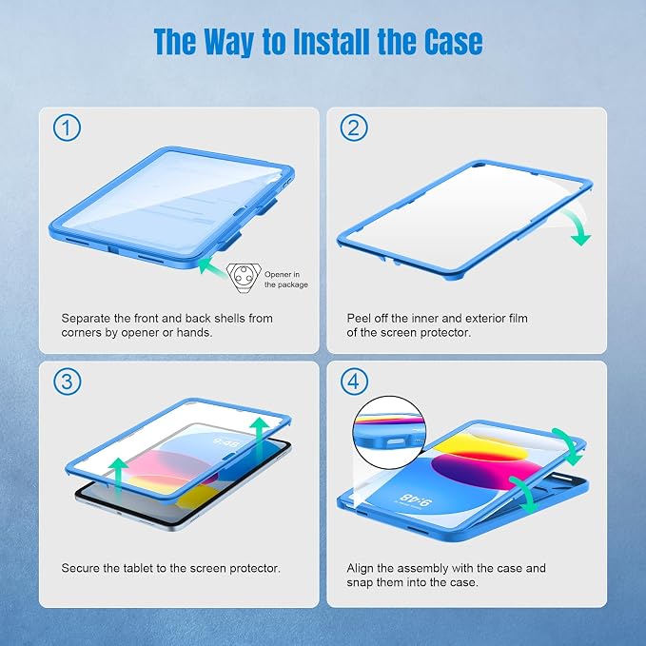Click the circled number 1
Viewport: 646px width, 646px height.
67,128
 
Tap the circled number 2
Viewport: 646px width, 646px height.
354,128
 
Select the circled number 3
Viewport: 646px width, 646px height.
67,382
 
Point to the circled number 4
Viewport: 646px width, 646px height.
354,382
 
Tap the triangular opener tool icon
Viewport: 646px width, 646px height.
244,278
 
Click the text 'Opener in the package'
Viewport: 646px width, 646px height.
286,280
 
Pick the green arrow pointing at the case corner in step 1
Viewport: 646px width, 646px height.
212,266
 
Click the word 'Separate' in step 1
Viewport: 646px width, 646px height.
87,319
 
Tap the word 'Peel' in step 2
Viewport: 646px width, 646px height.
358,319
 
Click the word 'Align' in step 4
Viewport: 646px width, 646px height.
360,568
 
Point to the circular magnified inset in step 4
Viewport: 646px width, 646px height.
389,433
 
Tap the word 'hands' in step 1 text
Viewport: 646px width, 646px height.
194,332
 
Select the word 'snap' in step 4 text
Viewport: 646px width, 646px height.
360,583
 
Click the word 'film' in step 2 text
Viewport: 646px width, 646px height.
518,319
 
